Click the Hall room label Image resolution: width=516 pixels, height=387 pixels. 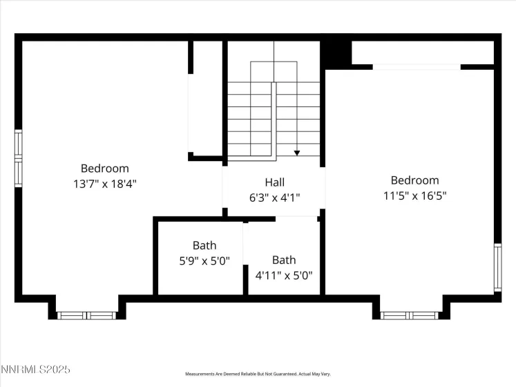(274, 182)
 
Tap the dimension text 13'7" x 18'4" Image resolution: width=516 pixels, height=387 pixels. (105, 183)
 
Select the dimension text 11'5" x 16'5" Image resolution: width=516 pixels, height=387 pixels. (414, 196)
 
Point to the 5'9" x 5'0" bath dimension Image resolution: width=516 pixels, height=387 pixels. (204, 261)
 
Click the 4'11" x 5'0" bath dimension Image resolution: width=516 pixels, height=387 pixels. (283, 274)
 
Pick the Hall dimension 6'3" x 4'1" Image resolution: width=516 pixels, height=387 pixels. (274, 197)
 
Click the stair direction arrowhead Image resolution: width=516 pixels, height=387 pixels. (296, 153)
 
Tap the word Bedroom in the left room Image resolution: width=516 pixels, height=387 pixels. (105, 168)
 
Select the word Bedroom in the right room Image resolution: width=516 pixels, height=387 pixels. (414, 180)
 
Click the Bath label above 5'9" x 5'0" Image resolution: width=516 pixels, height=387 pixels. (204, 245)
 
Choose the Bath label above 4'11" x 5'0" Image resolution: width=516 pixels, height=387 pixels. (283, 260)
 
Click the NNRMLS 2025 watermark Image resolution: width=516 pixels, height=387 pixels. (35, 371)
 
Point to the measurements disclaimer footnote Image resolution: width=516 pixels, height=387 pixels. (257, 374)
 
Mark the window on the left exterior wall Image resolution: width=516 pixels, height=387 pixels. (19, 158)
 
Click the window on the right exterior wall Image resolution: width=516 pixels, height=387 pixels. (497, 267)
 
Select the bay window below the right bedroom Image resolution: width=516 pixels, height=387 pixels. (410, 315)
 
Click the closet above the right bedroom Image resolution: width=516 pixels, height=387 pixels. (423, 53)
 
